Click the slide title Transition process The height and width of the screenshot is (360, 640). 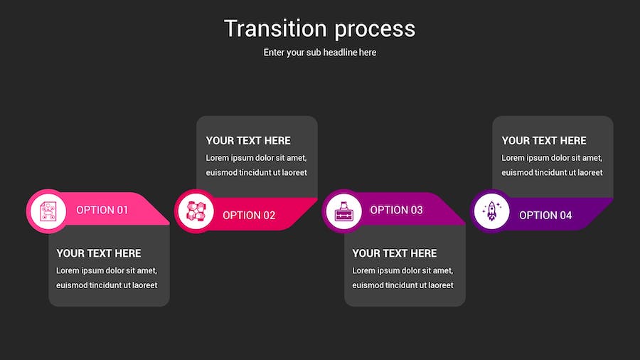coord(319,28)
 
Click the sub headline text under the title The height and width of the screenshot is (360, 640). coord(319,53)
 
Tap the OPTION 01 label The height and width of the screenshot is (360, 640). coord(102,210)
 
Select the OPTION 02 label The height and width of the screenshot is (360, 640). coord(249,215)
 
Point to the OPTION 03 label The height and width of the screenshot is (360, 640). coord(396,210)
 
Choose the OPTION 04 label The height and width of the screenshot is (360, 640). coord(545,215)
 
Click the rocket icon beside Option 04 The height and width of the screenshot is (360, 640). coord(491,211)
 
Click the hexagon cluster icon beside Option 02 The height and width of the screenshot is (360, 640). coord(196,211)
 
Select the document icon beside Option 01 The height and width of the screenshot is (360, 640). coord(48,211)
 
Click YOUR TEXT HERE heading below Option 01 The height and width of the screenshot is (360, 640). coord(99,253)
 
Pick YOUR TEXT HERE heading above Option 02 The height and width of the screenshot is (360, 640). coord(248,141)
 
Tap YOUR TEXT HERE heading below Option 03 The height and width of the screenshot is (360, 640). coord(395,253)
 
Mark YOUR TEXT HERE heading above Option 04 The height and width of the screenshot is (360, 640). coord(544,141)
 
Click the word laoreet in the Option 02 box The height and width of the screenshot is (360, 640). coord(292,173)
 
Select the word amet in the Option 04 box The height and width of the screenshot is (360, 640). coord(589,158)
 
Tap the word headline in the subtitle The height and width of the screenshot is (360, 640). coord(338,53)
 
